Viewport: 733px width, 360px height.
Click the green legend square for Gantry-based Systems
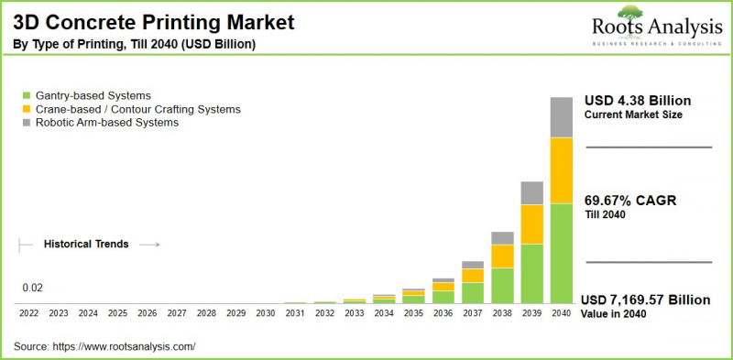pos(27,95)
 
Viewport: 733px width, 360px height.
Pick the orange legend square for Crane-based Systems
pos(27,109)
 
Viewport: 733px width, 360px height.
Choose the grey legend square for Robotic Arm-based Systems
pos(27,123)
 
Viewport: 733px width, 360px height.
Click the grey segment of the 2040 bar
pos(561,116)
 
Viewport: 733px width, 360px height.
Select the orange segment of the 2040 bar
pos(561,170)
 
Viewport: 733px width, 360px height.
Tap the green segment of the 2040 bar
pos(561,253)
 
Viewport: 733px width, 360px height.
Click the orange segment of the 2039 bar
pos(531,224)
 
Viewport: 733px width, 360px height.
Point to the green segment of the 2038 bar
pos(502,285)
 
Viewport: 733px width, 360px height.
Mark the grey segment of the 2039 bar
pos(531,192)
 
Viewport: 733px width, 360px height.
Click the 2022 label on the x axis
pos(28,313)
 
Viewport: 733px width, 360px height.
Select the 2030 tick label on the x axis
pos(266,313)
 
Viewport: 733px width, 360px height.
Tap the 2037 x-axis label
pos(473,313)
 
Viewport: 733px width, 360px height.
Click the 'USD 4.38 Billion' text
pos(638,100)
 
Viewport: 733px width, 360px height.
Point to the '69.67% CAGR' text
pos(630,200)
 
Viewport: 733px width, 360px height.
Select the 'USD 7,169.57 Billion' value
pos(646,299)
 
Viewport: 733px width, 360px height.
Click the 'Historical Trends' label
pos(86,245)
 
